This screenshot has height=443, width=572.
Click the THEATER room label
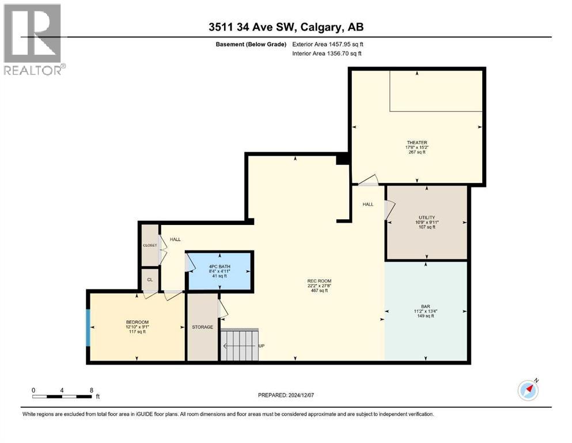coord(417,142)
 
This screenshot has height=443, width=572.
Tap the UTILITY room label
coord(427,217)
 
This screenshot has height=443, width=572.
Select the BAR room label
coord(425,306)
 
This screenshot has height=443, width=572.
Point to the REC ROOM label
coord(319,281)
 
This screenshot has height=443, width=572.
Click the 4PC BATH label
coord(219,266)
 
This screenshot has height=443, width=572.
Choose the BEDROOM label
coord(137,322)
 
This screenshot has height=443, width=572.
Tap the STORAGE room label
coord(202,327)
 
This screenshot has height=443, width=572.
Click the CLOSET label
coord(150,245)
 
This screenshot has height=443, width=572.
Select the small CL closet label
coord(150,280)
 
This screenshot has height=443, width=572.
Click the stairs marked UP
coord(239,345)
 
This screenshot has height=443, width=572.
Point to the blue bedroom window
coord(88,328)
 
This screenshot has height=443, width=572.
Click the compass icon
coord(528,390)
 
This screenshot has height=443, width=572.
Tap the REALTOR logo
coord(33,39)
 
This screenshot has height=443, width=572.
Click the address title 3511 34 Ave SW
coord(252,27)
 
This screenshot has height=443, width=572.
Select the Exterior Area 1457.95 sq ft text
coord(328,44)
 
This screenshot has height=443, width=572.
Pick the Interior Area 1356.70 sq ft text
coord(327,53)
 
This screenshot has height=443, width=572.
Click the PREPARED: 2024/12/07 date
coord(286,395)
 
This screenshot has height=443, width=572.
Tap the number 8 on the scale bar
coord(92,390)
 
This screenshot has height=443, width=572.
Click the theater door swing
coord(368,181)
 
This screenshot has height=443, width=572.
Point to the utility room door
coord(389,210)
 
